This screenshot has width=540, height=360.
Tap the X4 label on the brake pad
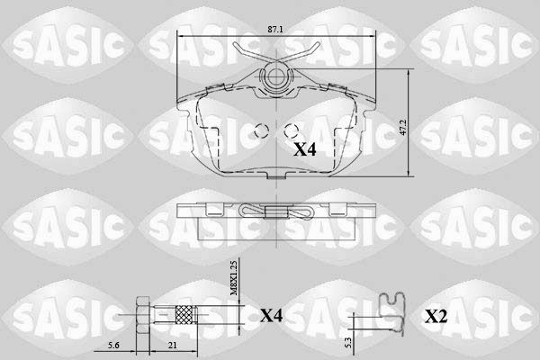[305, 149]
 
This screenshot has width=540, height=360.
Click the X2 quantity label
[436, 316]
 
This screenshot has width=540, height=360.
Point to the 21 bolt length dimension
[171, 346]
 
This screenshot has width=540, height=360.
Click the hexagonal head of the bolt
[142, 315]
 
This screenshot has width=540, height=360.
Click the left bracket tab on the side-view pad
[214, 210]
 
